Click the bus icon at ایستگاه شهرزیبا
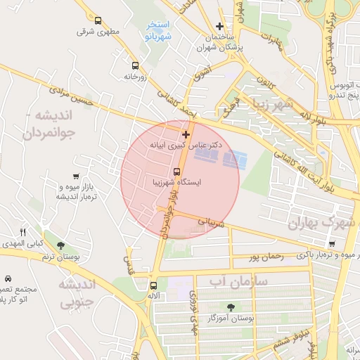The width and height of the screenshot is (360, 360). [176, 171]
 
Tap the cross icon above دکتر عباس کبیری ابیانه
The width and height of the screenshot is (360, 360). [186, 134]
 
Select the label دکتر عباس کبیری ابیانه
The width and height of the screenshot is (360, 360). [186, 145]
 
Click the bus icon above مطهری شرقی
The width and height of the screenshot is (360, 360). [97, 21]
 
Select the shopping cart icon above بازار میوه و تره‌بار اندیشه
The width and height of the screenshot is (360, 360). [76, 176]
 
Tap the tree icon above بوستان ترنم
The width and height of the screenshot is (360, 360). [60, 245]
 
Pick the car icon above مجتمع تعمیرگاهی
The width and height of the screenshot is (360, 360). [7, 279]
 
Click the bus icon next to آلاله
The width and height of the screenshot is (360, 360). [153, 285]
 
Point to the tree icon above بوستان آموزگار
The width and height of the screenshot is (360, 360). [231, 307]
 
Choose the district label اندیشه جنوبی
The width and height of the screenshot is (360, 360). [70, 294]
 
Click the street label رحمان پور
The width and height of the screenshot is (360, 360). [266, 257]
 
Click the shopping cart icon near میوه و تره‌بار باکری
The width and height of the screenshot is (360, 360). [332, 244]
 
